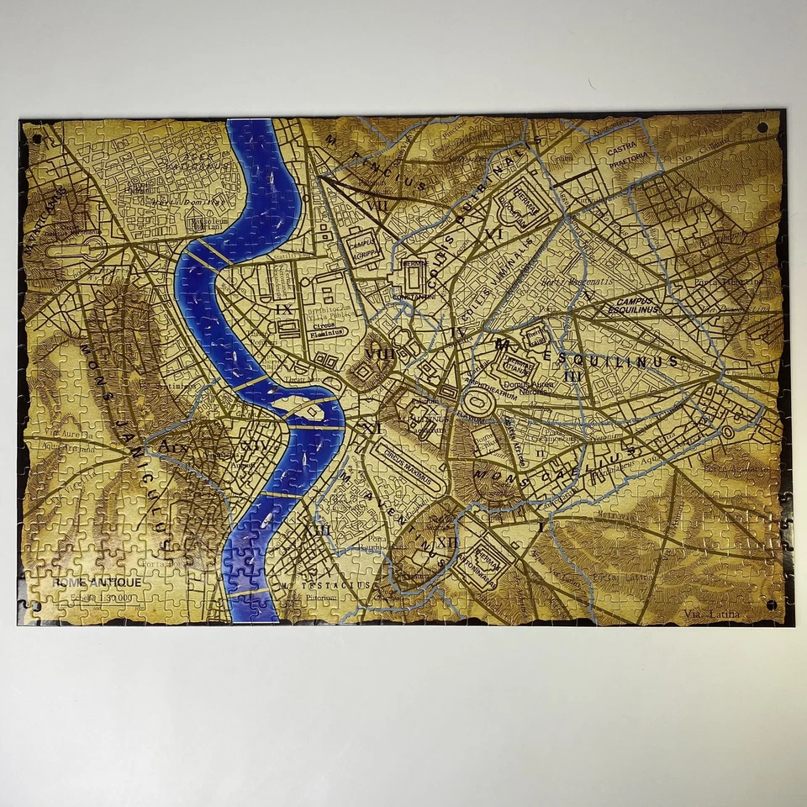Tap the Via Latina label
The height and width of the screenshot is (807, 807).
tap(713, 614)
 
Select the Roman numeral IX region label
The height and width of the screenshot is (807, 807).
tap(284, 309)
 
